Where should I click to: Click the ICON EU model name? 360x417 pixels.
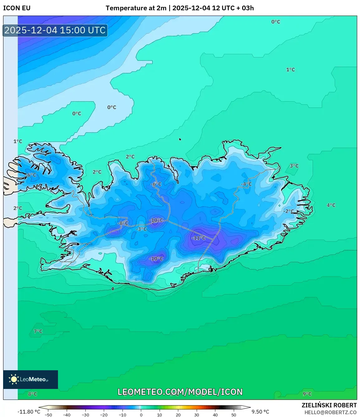pyautogui.click(x=17, y=8)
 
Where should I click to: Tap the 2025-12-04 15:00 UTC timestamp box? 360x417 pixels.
pyautogui.click(x=55, y=30)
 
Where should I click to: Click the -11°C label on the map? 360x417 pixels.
pyautogui.click(x=199, y=238)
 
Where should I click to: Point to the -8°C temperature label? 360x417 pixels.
pyautogui.click(x=123, y=223)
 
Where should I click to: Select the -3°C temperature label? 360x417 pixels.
pyautogui.click(x=142, y=229)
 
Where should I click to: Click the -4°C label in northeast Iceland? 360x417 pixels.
pyautogui.click(x=246, y=184)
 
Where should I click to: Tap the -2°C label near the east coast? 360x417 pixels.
pyautogui.click(x=289, y=211)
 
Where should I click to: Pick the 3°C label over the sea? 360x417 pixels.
pyautogui.click(x=294, y=166)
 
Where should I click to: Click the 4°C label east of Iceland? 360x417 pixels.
pyautogui.click(x=331, y=205)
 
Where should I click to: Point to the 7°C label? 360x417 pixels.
pyautogui.click(x=38, y=331)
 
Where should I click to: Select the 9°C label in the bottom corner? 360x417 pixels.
pyautogui.click(x=307, y=394)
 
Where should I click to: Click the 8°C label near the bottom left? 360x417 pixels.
pyautogui.click(x=32, y=394)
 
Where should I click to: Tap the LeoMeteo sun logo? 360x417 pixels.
pyautogui.click(x=14, y=379)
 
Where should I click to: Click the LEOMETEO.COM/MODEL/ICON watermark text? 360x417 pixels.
pyautogui.click(x=180, y=392)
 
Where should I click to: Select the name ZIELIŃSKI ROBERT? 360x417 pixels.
pyautogui.click(x=329, y=405)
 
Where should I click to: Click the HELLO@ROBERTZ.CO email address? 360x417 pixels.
pyautogui.click(x=330, y=412)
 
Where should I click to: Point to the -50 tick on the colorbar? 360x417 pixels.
pyautogui.click(x=48, y=415)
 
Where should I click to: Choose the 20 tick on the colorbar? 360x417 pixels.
pyautogui.click(x=178, y=415)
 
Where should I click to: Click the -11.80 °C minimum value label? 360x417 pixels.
pyautogui.click(x=29, y=412)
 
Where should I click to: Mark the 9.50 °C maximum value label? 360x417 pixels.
pyautogui.click(x=260, y=412)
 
